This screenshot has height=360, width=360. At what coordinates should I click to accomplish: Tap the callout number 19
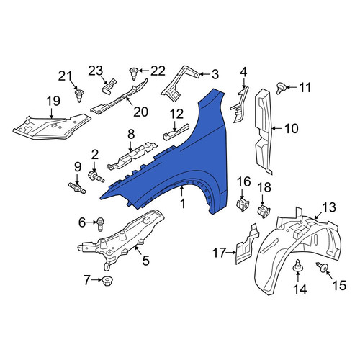(x=53, y=101)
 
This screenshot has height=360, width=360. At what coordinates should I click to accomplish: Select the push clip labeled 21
(x=78, y=95)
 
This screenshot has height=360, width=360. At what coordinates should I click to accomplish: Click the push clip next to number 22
(x=133, y=73)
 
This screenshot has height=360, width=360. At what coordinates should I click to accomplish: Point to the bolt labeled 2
(x=96, y=178)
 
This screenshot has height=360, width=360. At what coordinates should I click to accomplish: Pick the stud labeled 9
(x=77, y=188)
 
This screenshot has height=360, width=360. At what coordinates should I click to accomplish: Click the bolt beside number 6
(x=100, y=224)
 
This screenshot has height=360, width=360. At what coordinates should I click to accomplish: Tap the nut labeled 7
(x=107, y=281)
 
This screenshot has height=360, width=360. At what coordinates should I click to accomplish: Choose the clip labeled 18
(x=264, y=211)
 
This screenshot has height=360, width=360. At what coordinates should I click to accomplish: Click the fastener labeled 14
(x=297, y=266)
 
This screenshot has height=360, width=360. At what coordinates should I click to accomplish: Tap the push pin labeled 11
(x=280, y=88)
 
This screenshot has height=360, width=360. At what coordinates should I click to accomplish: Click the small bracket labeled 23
(x=109, y=85)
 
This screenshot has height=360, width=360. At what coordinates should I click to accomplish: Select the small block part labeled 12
(x=176, y=132)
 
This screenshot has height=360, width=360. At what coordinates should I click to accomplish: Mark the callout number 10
(x=292, y=129)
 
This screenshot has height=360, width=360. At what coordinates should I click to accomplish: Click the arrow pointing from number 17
(x=231, y=252)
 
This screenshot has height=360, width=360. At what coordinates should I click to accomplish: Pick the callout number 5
(x=146, y=261)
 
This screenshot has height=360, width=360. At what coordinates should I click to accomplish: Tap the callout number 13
(x=329, y=207)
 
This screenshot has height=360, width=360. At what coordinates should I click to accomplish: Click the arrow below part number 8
(x=130, y=145)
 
